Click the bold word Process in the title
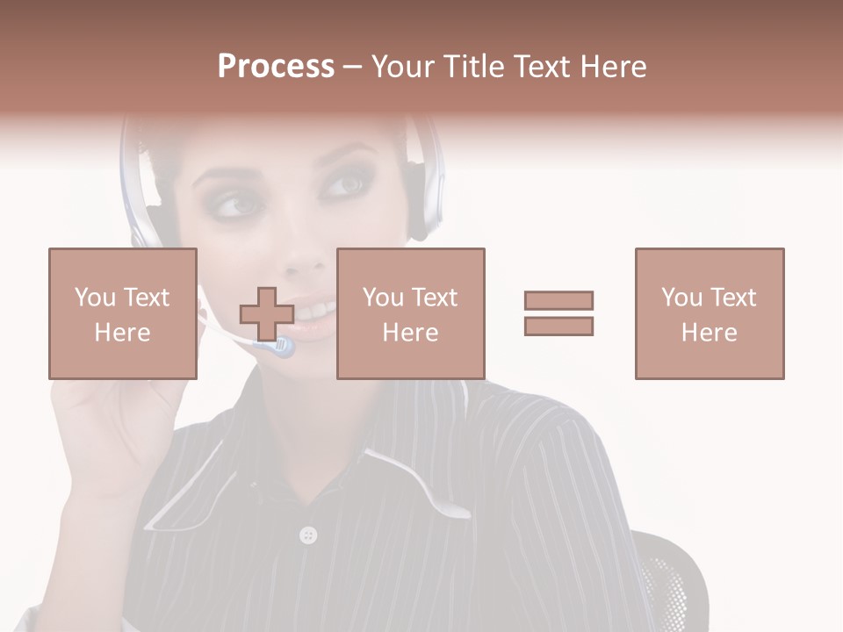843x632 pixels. tap(276, 66)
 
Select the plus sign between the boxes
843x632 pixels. tap(267, 314)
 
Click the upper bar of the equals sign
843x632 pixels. tap(558, 300)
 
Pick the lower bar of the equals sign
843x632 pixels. tap(558, 327)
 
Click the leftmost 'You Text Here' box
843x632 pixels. tap(123, 313)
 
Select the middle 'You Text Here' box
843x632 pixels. tap(410, 313)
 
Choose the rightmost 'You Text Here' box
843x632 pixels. tap(709, 313)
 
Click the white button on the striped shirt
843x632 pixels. tap(307, 535)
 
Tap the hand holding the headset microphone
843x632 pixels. tap(105, 421)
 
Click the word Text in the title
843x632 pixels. tap(540, 66)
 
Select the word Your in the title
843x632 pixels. tap(405, 66)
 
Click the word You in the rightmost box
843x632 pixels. tap(681, 298)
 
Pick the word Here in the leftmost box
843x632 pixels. tap(123, 332)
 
